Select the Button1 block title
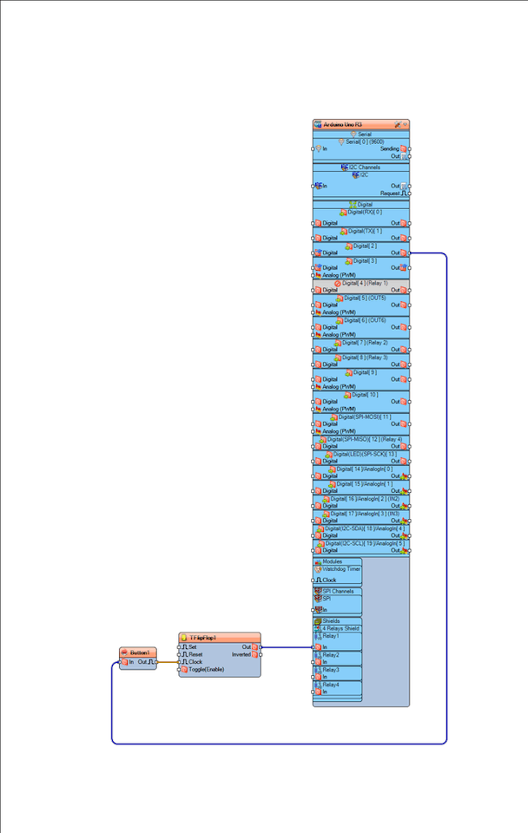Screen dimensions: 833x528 pos(141,653)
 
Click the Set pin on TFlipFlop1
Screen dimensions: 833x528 pos(193,646)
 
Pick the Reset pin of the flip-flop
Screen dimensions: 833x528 pos(195,654)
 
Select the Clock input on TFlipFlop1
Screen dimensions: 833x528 pos(195,662)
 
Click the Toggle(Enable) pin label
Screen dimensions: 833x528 pos(207,670)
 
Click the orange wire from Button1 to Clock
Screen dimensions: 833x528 pos(168,662)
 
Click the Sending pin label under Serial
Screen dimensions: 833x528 pos(390,148)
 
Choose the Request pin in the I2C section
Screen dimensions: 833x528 pos(391,193)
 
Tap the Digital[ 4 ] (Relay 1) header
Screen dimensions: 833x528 pos(365,283)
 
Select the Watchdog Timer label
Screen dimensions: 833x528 pos(341,569)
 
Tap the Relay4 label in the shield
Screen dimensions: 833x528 pos(331,685)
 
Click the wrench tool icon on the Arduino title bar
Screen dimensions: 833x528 pos(397,125)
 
